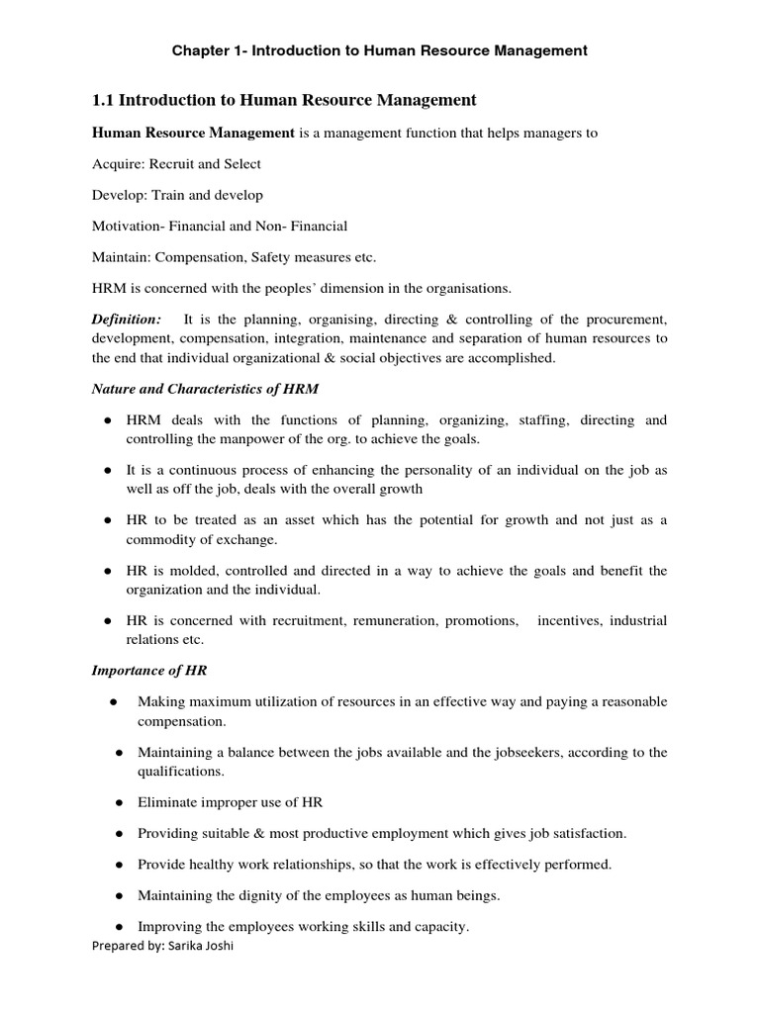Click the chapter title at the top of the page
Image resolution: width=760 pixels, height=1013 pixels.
[x=380, y=49]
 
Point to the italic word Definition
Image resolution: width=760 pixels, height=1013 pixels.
[x=126, y=320]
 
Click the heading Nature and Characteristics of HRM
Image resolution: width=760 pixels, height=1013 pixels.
[x=206, y=389]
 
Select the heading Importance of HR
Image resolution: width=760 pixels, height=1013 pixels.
[x=149, y=671]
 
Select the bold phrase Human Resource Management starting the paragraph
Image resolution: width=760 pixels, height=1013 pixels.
[x=193, y=133]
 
